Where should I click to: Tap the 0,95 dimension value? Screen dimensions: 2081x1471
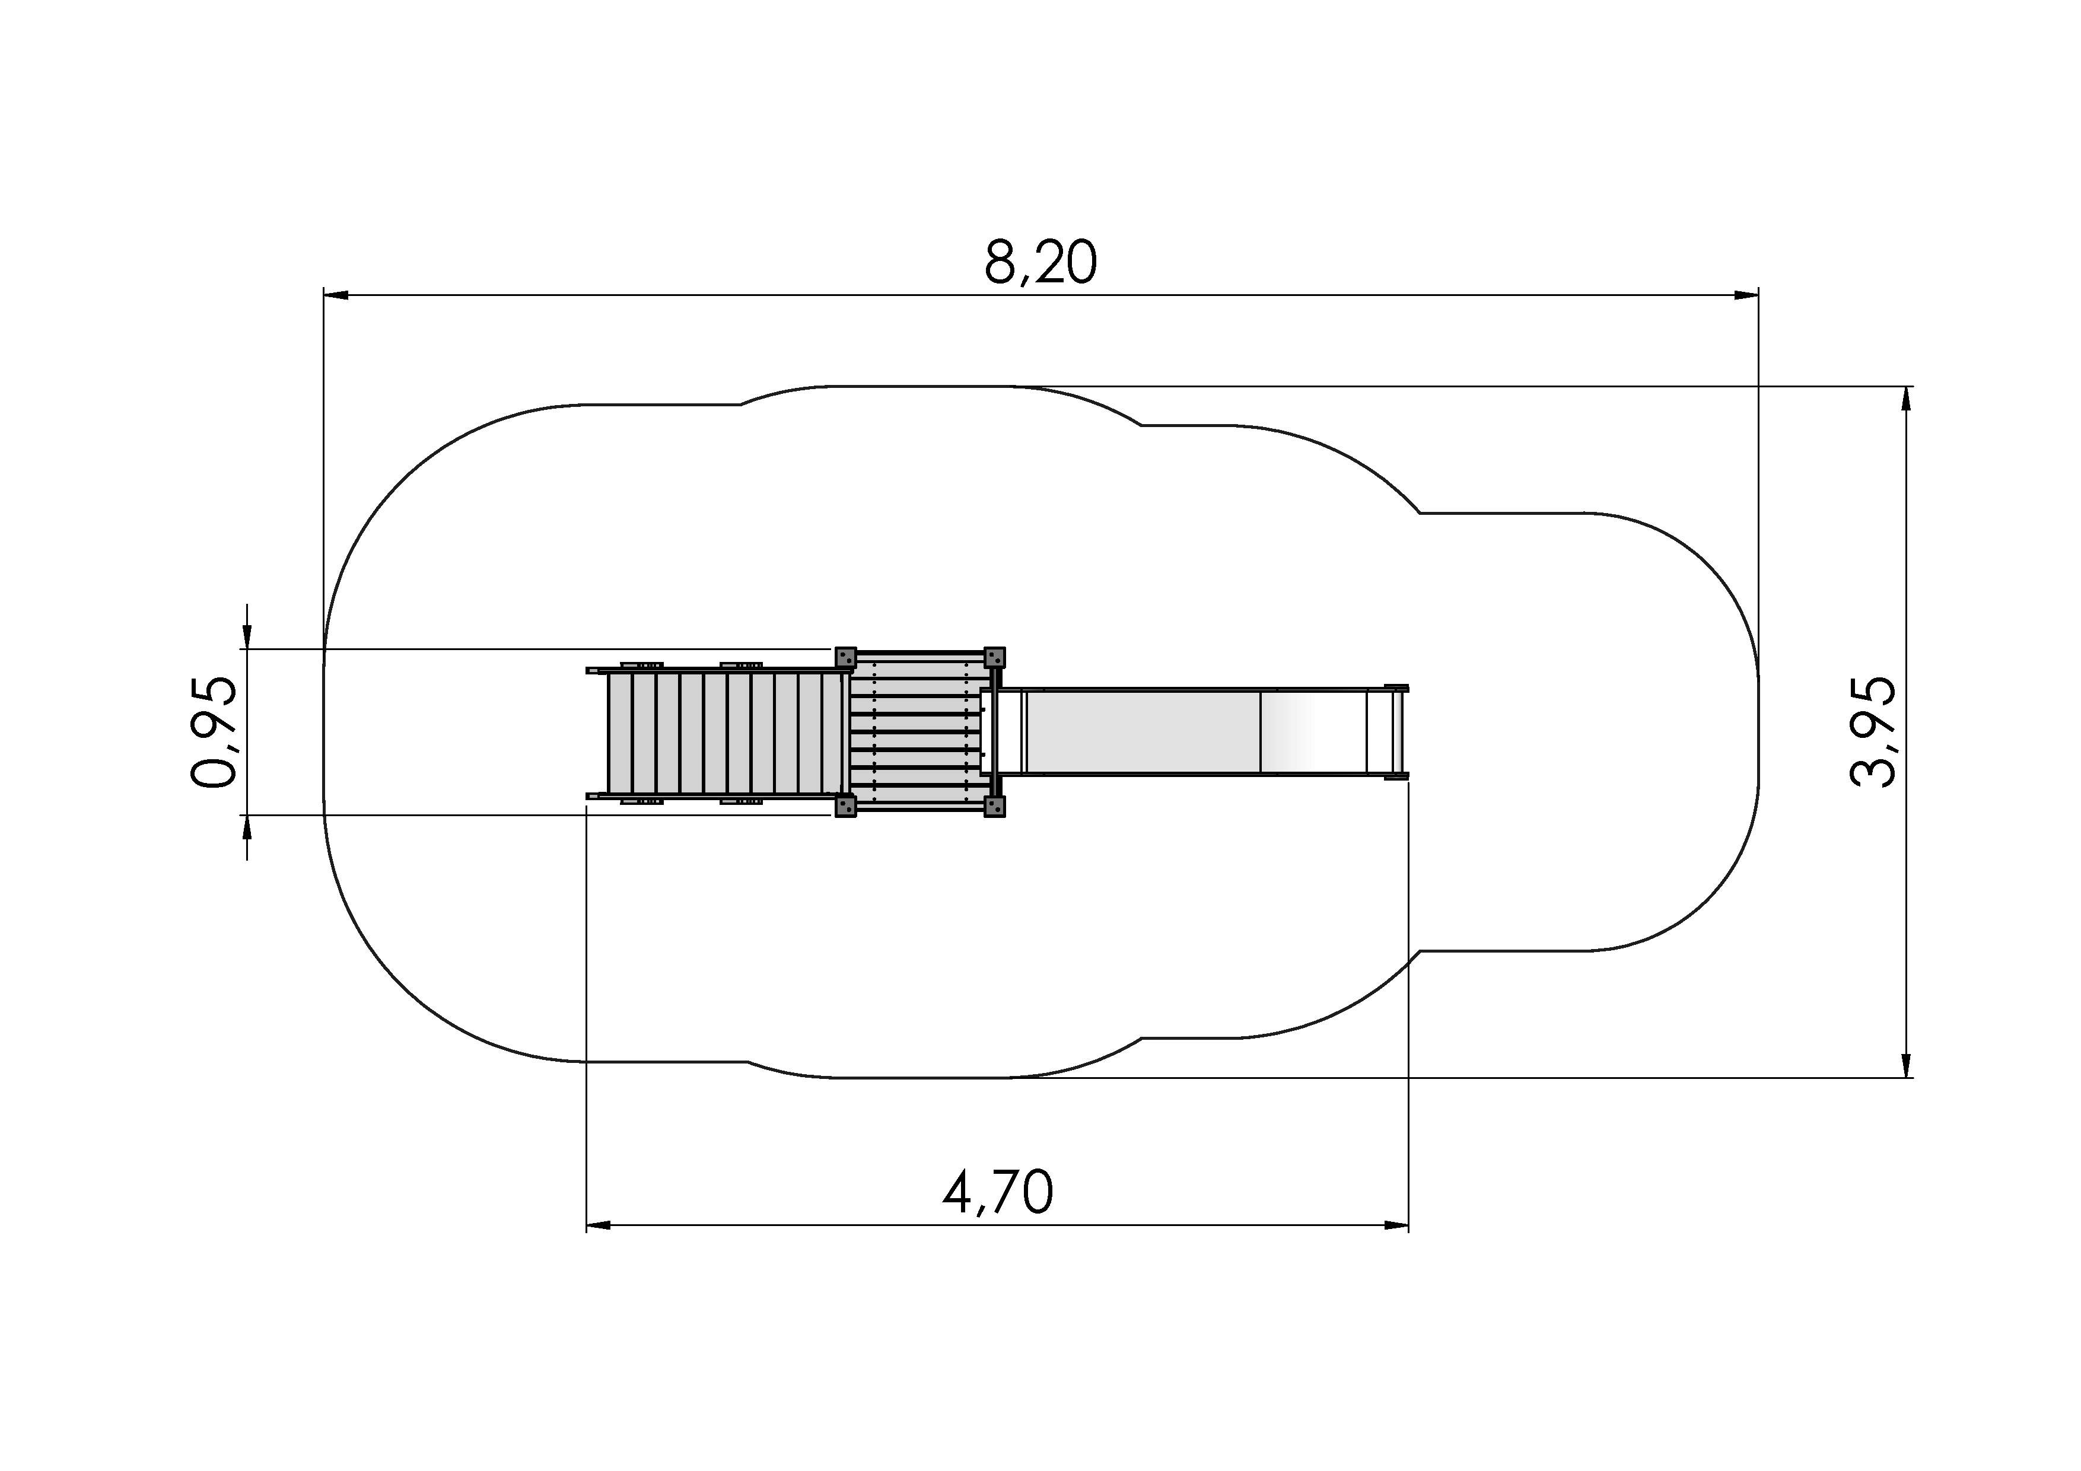coord(214,731)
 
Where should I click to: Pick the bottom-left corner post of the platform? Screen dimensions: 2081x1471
coord(845,805)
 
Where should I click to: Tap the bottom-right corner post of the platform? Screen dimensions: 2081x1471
coord(994,805)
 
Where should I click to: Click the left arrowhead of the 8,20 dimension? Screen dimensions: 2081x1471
coord(336,295)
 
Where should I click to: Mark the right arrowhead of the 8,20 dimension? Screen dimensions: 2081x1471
coord(1746,295)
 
